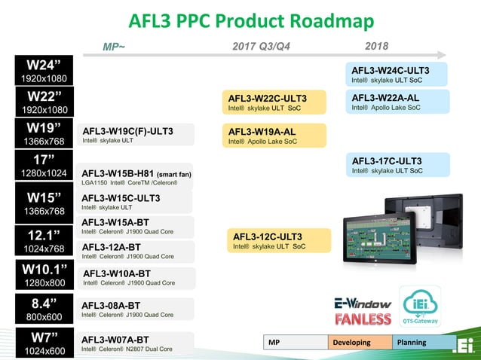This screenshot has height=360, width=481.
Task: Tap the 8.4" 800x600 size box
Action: pos(44,310)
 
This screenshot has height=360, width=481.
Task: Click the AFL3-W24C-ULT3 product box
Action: pos(399,75)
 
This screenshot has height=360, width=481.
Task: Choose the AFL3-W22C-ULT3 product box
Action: pos(274,102)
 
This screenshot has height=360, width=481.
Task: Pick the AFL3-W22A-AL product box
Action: pos(399,102)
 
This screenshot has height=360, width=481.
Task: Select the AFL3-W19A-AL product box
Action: pos(274,136)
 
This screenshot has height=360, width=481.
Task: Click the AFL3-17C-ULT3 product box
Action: pos(399,165)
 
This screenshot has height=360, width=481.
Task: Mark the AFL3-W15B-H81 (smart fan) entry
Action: pos(135,176)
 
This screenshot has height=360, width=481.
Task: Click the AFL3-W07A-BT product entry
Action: pos(135,343)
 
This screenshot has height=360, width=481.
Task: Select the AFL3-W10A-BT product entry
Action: pos(135,278)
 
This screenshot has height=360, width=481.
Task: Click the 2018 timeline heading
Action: pos(375,47)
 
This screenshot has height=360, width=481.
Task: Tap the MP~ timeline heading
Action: pos(114,47)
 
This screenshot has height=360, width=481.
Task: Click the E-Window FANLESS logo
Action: pos(363,310)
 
